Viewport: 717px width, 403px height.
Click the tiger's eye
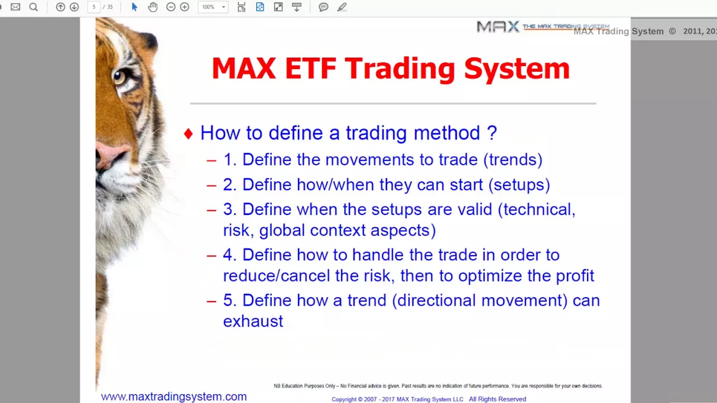tap(120, 77)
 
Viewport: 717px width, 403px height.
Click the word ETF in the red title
tap(310, 68)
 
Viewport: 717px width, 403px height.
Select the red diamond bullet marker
tap(189, 134)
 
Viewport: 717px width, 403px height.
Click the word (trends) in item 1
tap(513, 160)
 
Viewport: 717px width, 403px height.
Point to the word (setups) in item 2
tap(519, 185)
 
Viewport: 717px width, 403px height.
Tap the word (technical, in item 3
tap(537, 210)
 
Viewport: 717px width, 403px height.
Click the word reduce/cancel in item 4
tap(276, 276)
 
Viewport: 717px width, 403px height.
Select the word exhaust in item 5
tap(253, 321)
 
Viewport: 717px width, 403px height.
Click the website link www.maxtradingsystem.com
tap(174, 397)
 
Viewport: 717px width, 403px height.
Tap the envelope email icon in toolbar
tap(15, 7)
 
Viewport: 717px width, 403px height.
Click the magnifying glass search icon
tap(34, 7)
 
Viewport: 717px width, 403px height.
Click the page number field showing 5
tap(94, 7)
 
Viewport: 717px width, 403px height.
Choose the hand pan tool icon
tap(153, 7)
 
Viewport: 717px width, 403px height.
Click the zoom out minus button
tap(171, 7)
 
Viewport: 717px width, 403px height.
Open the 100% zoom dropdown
tap(213, 7)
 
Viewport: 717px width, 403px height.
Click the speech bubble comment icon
tap(323, 7)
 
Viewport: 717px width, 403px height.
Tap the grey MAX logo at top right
tap(497, 26)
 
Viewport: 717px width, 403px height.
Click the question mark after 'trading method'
tap(492, 133)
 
